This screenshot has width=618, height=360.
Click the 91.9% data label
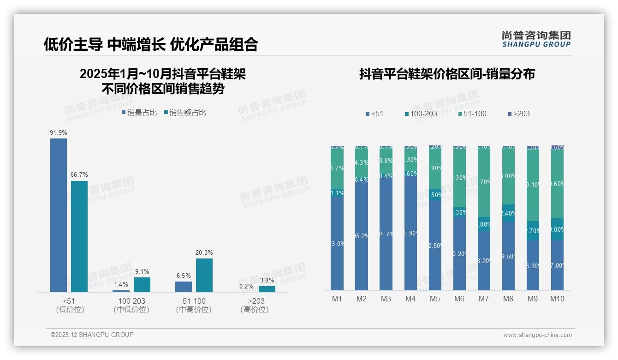pyautogui.click(x=59, y=132)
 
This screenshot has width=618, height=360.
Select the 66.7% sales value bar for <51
pyautogui.click(x=79, y=236)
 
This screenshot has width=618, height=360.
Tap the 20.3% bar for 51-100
pyautogui.click(x=204, y=275)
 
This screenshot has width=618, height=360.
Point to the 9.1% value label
pyautogui.click(x=142, y=271)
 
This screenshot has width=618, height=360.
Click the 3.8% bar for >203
pyautogui.click(x=267, y=289)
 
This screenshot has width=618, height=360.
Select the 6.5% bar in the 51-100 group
pyautogui.click(x=184, y=287)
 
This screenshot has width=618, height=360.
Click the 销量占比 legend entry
pyautogui.click(x=139, y=112)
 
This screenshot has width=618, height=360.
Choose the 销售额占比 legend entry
pyautogui.click(x=185, y=112)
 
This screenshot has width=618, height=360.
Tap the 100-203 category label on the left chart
pyautogui.click(x=131, y=301)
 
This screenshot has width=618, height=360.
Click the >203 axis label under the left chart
pyautogui.click(x=254, y=301)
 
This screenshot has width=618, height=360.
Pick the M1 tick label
pyautogui.click(x=337, y=299)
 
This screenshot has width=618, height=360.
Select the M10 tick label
pyautogui.click(x=557, y=299)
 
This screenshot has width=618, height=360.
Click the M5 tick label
pyautogui.click(x=435, y=299)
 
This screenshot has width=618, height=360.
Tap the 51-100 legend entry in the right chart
pyautogui.click(x=472, y=114)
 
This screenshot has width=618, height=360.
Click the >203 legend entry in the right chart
pyautogui.click(x=518, y=114)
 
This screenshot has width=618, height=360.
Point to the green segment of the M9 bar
pyautogui.click(x=533, y=185)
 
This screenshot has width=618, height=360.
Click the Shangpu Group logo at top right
pyautogui.click(x=536, y=39)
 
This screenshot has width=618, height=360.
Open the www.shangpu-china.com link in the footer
pyautogui.click(x=537, y=335)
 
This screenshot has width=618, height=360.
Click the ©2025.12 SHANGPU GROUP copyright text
pyautogui.click(x=92, y=335)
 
